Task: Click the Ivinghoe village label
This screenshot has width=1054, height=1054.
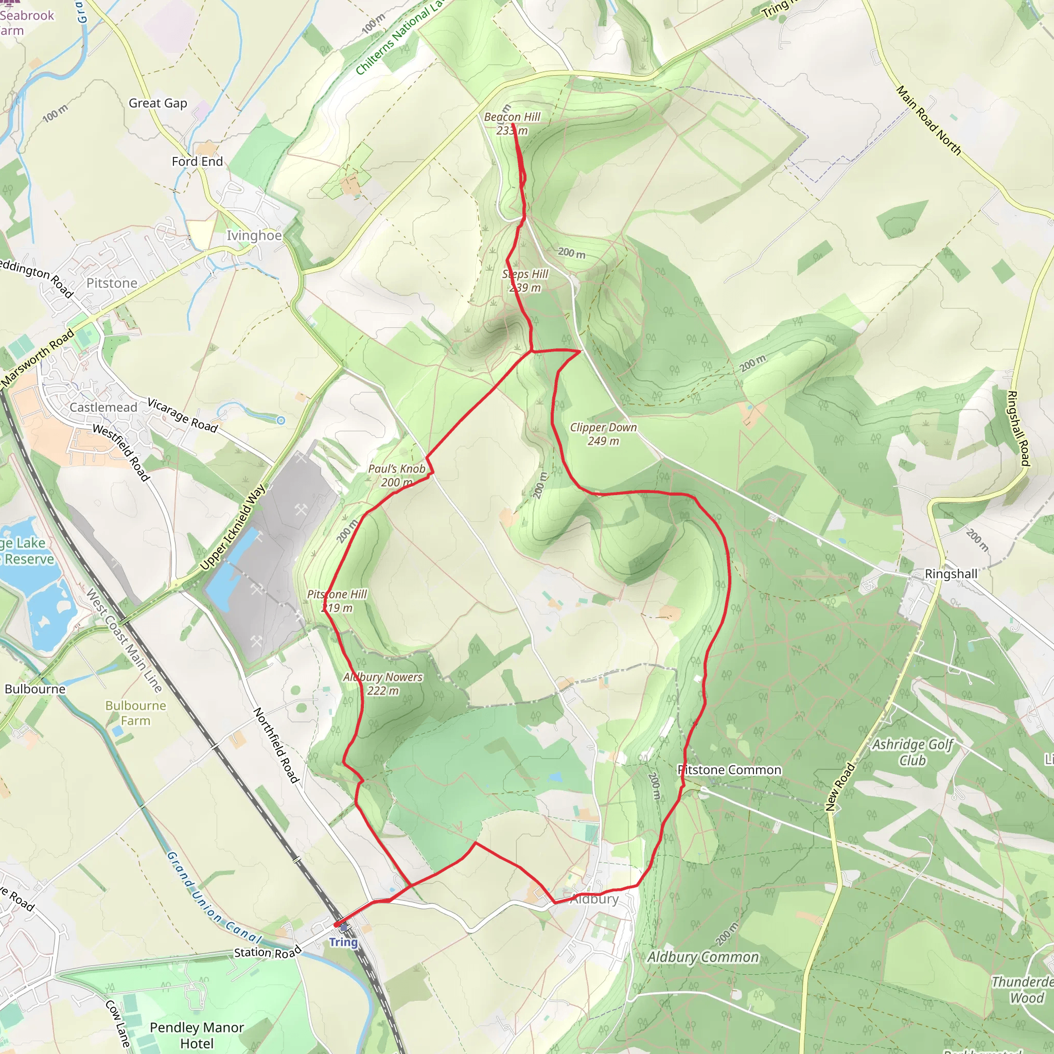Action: pos(254,236)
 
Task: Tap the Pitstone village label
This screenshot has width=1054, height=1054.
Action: pos(112,283)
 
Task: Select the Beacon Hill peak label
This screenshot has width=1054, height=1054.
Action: pos(512,124)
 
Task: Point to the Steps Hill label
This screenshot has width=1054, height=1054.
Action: pos(525,280)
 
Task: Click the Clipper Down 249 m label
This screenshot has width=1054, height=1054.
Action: pos(603,434)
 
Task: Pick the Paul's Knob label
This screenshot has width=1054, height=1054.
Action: pos(397,475)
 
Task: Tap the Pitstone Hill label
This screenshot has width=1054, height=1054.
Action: pos(337,601)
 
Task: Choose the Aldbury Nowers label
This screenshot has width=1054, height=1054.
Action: pos(383,683)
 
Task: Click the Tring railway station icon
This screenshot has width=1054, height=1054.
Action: pos(343,927)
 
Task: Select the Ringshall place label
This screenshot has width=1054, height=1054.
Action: pos(951,574)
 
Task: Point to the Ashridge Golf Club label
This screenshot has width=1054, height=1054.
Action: pos(912,752)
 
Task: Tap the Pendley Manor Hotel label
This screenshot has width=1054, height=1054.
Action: pos(197,1035)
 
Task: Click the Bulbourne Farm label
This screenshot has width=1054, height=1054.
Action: pos(136,712)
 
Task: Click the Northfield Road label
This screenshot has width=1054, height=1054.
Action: pos(276,745)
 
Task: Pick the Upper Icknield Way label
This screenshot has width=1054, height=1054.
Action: pos(233,527)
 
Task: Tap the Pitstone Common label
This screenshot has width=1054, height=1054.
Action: pos(729,770)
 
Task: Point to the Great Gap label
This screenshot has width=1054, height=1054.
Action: pos(157,103)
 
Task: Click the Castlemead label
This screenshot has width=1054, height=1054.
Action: pos(103,408)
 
